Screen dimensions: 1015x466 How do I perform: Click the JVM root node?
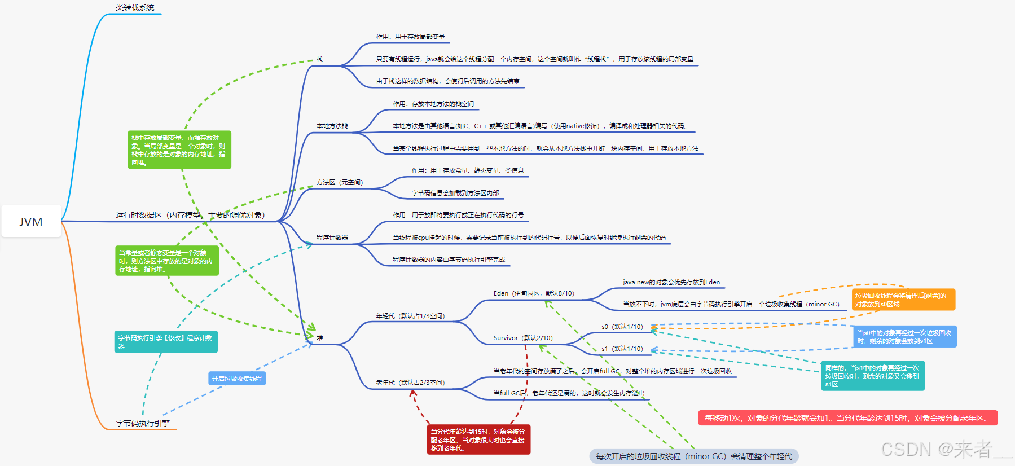pos(31,222)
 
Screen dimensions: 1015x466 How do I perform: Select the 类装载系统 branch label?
pos(135,7)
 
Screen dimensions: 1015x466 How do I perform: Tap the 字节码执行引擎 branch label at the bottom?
pos(143,423)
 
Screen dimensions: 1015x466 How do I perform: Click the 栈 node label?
pos(319,59)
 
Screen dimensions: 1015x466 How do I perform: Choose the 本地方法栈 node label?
pos(332,126)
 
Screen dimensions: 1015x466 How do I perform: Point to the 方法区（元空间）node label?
pos(340,182)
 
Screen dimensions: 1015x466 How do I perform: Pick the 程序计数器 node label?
pos(332,238)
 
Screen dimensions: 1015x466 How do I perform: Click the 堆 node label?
pos(319,338)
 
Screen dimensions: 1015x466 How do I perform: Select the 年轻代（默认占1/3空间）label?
pos(410,316)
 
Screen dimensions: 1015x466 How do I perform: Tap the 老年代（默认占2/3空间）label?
pos(410,383)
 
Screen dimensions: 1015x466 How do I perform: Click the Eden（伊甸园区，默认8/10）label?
pos(534,293)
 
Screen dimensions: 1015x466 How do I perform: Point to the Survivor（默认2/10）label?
pos(523,338)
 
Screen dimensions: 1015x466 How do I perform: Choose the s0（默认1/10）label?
pos(622,327)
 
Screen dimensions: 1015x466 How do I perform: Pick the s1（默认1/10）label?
pos(622,349)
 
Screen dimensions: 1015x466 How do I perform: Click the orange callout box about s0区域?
pos(903,300)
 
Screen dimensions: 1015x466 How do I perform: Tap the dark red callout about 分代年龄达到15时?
pos(478,439)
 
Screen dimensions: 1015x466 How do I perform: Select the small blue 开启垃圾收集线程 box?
pos(237,379)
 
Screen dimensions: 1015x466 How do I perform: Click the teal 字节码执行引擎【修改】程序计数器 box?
pos(166,342)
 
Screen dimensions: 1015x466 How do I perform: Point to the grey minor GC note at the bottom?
pos(694,456)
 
